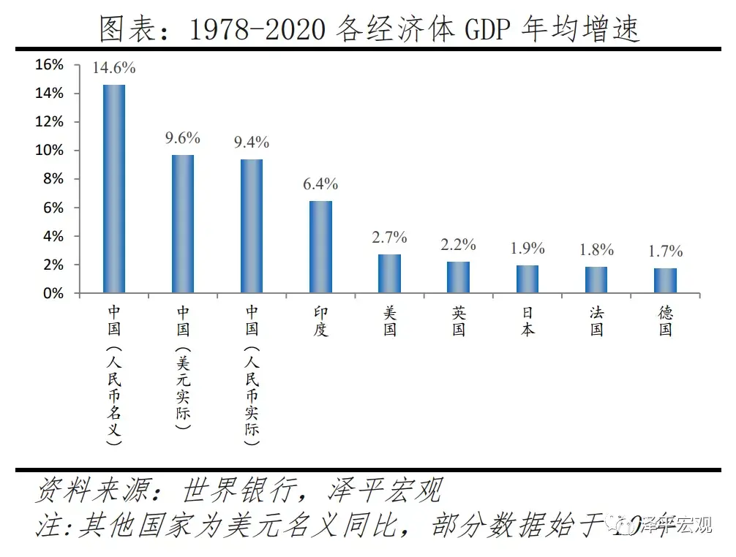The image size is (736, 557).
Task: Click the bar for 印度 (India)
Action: coord(320,246)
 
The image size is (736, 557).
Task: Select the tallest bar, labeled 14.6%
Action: coord(114,189)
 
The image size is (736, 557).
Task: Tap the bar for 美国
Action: coord(389,273)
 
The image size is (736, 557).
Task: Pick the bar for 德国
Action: coord(665,280)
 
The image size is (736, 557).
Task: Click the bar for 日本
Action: coord(527,278)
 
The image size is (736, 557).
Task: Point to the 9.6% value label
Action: coord(182,138)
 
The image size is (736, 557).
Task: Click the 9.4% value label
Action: coord(252,141)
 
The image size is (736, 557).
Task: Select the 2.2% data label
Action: coord(458,244)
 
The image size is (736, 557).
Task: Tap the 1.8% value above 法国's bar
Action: coord(596,250)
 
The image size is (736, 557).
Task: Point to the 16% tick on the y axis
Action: coord(50,65)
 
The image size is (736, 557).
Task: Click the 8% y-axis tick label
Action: coord(53,179)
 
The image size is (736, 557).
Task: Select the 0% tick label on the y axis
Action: coord(53,293)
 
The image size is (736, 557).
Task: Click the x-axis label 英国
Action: coord(459,321)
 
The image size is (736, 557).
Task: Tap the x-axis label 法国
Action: coord(597,321)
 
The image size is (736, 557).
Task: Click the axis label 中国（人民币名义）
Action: coord(114,376)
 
